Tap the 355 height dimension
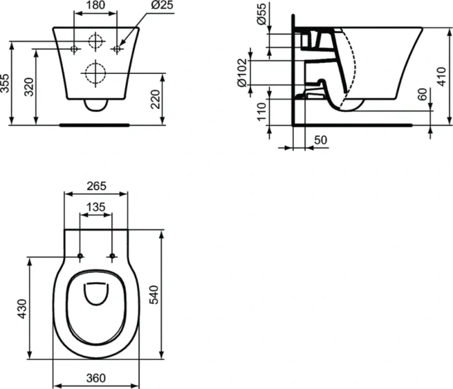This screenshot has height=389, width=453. click(x=6, y=83)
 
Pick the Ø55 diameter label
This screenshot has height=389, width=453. click(x=261, y=14)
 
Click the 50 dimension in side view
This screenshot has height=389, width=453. click(x=321, y=140)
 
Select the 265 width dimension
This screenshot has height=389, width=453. click(x=96, y=186)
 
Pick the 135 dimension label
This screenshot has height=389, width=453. click(x=96, y=207)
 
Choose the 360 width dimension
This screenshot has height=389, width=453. click(x=96, y=378)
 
